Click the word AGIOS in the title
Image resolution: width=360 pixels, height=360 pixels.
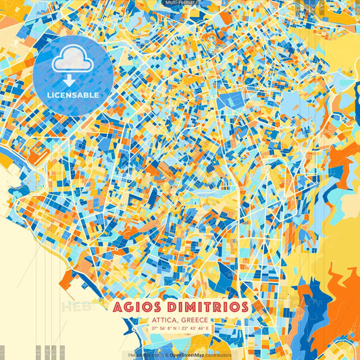tap(138, 307)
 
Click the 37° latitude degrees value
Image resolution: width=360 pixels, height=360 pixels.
tap(155, 329)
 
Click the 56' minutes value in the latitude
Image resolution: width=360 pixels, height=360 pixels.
tap(163, 329)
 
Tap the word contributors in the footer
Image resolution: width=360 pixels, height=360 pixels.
tap(219, 355)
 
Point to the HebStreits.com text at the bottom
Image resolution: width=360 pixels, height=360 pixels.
tap(143, 355)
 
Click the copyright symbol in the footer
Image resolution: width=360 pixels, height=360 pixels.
tap(165, 355)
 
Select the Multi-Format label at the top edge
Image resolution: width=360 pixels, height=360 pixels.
tap(180, 3)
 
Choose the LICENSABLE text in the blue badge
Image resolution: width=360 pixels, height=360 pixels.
tap(72, 95)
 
